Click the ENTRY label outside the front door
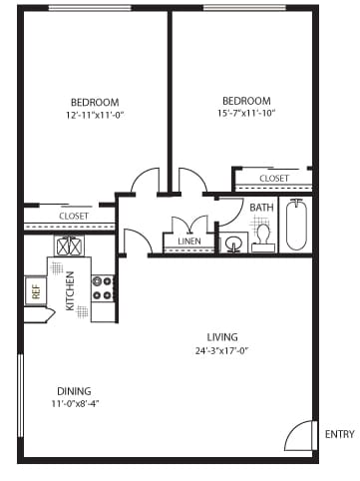tap(339, 434)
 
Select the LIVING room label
tap(221, 336)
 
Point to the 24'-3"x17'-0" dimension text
tap(221, 350)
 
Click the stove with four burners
tap(103, 288)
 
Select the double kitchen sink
tap(69, 245)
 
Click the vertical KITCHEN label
tap(71, 292)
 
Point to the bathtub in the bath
tap(297, 227)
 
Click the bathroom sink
tap(234, 242)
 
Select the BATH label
tap(261, 208)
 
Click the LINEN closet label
tap(188, 241)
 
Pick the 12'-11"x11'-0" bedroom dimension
tap(95, 116)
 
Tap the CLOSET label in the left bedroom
tap(73, 216)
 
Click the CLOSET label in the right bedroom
tap(273, 179)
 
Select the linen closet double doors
tap(188, 226)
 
